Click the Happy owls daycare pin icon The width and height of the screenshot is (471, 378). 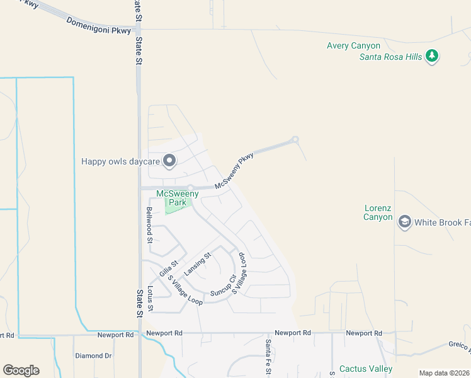pyautogui.click(x=169, y=161)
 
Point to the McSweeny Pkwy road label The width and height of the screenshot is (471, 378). pyautogui.click(x=234, y=171)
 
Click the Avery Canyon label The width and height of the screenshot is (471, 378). pyautogui.click(x=353, y=45)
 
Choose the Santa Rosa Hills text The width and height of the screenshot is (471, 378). pyautogui.click(x=390, y=57)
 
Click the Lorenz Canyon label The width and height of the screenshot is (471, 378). pyautogui.click(x=382, y=212)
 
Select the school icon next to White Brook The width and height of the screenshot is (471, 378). pyautogui.click(x=404, y=222)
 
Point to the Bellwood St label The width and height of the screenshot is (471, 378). pyautogui.click(x=150, y=225)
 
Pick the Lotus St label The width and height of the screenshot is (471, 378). pyautogui.click(x=150, y=297)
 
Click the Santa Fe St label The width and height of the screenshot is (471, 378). pyautogui.click(x=268, y=357)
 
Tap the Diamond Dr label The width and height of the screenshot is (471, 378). pyautogui.click(x=93, y=356)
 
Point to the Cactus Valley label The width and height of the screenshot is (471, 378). pyautogui.click(x=365, y=369)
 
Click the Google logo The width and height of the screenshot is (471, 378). pyautogui.click(x=21, y=370)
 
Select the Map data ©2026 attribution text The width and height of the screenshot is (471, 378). pyautogui.click(x=443, y=373)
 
